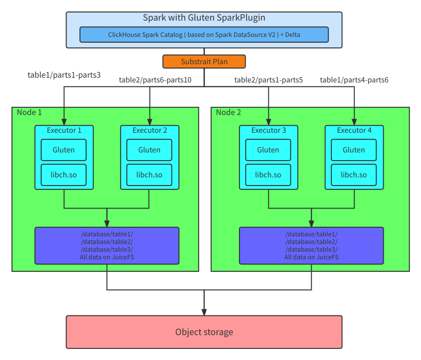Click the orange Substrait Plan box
(x=204, y=62)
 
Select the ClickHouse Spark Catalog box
(x=204, y=35)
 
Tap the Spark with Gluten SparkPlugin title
(x=204, y=18)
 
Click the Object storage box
(x=204, y=332)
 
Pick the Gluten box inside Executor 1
(x=64, y=150)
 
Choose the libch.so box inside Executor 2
(x=149, y=175)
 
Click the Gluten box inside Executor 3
(x=268, y=150)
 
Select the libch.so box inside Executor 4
(x=354, y=175)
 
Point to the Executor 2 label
(x=149, y=130)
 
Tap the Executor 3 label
(x=268, y=130)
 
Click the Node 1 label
(x=29, y=112)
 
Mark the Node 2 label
(x=228, y=112)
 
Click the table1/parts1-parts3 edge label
(x=64, y=75)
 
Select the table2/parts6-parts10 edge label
(x=155, y=80)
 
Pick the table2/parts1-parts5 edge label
(x=269, y=80)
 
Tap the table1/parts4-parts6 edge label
(x=354, y=80)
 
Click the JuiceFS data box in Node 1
(x=107, y=245)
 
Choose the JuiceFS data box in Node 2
(x=311, y=245)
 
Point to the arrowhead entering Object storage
(x=204, y=312)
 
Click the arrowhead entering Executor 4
(x=354, y=122)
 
